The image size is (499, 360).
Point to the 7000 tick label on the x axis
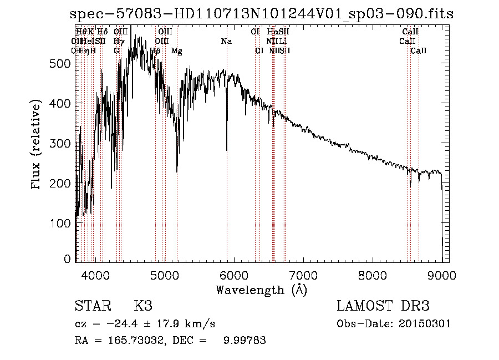click(303, 274)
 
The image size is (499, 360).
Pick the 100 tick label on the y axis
click(62, 223)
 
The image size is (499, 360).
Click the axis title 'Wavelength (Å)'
click(261, 290)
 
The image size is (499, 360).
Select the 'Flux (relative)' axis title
click(37, 144)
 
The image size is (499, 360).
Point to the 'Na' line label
click(226, 41)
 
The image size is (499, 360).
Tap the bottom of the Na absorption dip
click(227, 150)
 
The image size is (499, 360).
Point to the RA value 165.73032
click(138, 341)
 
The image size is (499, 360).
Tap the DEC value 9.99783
click(244, 341)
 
